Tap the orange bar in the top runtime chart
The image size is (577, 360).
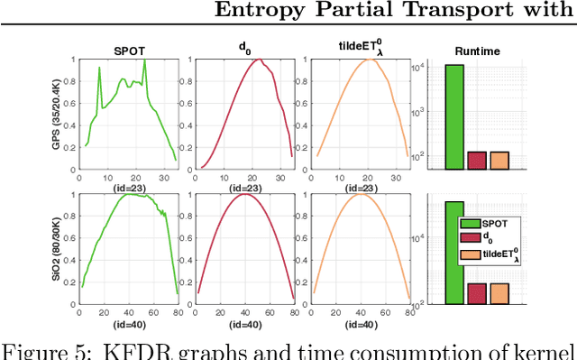(x=499, y=160)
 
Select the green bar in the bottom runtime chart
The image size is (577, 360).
(x=454, y=253)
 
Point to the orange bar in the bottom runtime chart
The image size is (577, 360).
(x=499, y=294)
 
